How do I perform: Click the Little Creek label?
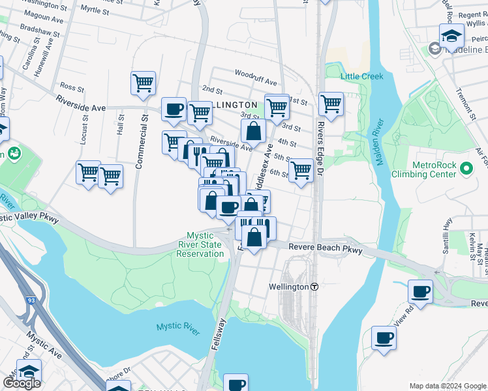pos(361,76)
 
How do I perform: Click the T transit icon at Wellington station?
pos(314,287)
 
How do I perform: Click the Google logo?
pos(22,383)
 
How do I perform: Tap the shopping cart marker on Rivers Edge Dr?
pos(331,104)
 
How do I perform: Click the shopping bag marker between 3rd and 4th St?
pos(253,130)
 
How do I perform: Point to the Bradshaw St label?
pos(40,31)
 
